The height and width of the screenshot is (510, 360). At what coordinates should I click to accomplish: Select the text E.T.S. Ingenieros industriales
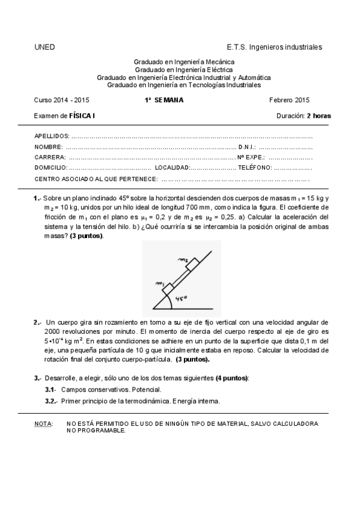click(274, 47)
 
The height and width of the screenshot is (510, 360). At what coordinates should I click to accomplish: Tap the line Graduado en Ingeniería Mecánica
click(183, 62)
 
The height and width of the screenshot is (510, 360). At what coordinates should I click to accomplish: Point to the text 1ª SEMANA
click(164, 100)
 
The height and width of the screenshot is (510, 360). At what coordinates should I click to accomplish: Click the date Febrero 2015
click(290, 100)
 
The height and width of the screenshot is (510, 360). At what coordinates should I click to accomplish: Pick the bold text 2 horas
click(319, 115)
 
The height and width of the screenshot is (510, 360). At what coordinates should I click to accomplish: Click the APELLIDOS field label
click(52, 137)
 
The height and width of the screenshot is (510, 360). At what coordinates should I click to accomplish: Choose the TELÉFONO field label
click(255, 168)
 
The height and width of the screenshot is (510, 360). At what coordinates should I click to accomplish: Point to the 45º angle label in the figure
click(181, 298)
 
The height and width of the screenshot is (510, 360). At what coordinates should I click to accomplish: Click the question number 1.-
click(37, 199)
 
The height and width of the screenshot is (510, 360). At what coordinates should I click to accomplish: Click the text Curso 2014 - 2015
click(62, 100)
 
